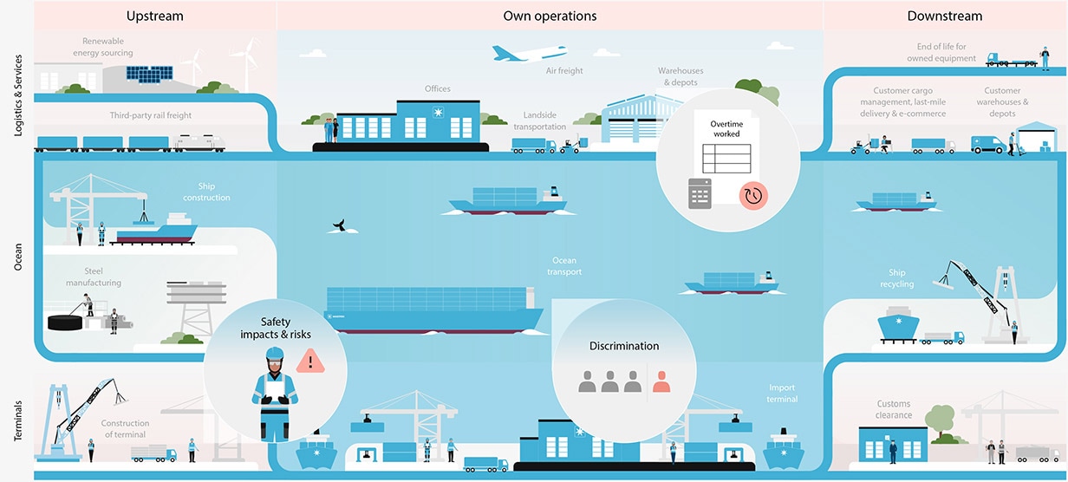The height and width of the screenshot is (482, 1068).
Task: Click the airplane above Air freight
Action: tap(529, 53)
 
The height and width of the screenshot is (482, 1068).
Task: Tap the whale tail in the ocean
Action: tap(339, 226)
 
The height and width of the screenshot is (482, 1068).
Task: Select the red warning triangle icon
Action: tap(308, 360)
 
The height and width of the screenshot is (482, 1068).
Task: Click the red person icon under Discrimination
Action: tap(662, 380)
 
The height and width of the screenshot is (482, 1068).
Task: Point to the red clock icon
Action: tap(752, 196)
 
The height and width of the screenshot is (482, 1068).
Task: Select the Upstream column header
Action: tap(154, 16)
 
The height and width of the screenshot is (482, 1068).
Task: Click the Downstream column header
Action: tap(945, 16)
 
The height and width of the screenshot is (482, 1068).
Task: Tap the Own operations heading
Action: tap(550, 16)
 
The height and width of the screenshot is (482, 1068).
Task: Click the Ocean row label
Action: tap(18, 256)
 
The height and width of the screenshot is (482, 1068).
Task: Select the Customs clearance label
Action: tap(894, 409)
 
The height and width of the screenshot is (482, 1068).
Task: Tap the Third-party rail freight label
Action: tap(151, 115)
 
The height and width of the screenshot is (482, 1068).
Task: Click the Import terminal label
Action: tap(783, 393)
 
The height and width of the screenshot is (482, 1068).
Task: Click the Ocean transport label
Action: tap(564, 266)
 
